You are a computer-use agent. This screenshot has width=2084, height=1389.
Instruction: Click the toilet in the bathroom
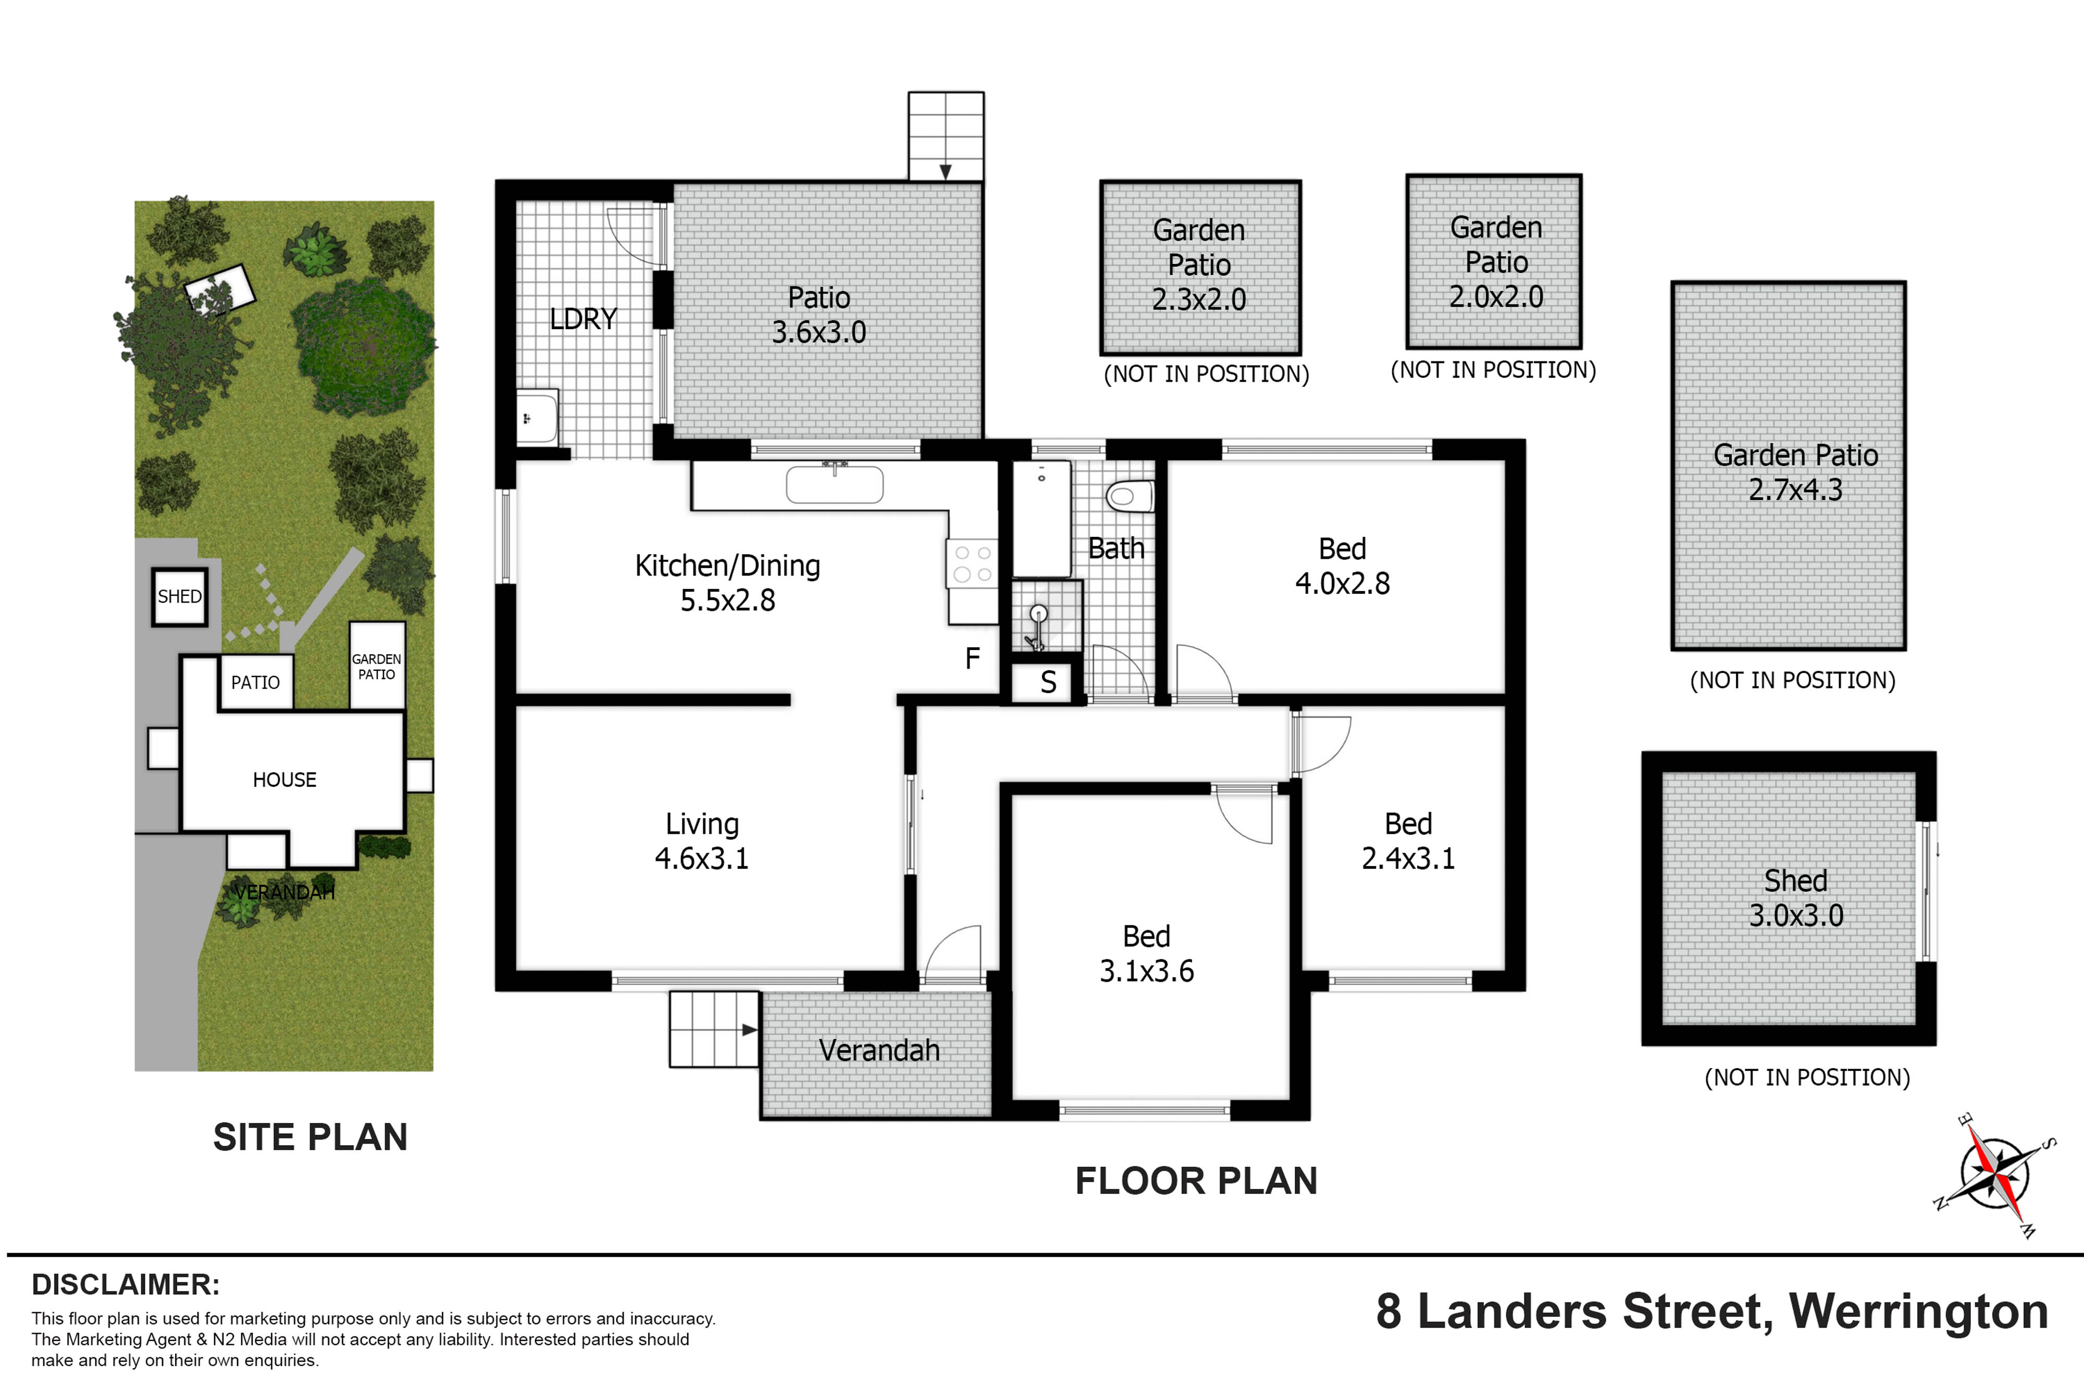1130,496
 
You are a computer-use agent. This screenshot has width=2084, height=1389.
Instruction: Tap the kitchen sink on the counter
835,484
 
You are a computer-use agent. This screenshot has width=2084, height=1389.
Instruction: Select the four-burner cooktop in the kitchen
972,564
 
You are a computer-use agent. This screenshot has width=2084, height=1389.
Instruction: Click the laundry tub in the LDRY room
538,416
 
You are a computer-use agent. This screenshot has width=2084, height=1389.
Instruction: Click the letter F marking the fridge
972,658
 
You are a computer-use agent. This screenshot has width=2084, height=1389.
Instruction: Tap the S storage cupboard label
1048,682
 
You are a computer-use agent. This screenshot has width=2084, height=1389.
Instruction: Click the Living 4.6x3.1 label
702,841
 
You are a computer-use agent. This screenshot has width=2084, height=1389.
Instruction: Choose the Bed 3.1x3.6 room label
1147,953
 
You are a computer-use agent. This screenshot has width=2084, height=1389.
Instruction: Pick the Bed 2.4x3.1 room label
1408,841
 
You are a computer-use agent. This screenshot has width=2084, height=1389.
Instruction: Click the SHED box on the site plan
180,596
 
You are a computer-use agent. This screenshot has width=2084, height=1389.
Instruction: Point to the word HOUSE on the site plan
284,780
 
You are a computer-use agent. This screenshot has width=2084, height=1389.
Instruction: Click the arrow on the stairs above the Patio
946,171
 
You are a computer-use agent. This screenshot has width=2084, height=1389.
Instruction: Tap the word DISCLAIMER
126,1284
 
